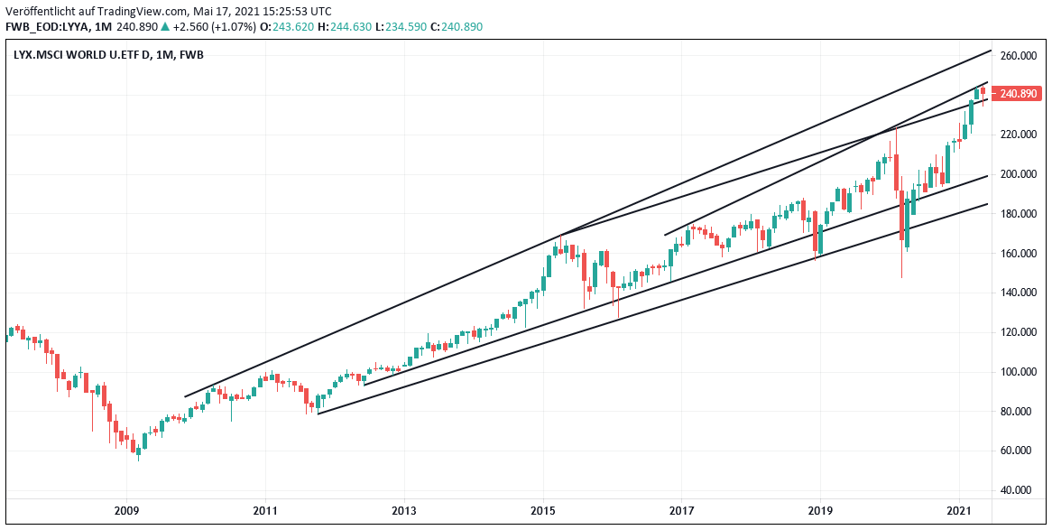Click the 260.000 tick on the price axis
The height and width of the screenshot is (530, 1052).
pyautogui.click(x=1017, y=56)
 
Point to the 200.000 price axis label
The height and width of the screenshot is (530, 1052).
pyautogui.click(x=1017, y=174)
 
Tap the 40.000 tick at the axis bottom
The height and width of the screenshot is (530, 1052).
pyautogui.click(x=1017, y=490)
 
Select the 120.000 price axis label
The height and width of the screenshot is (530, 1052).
pyautogui.click(x=1017, y=332)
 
